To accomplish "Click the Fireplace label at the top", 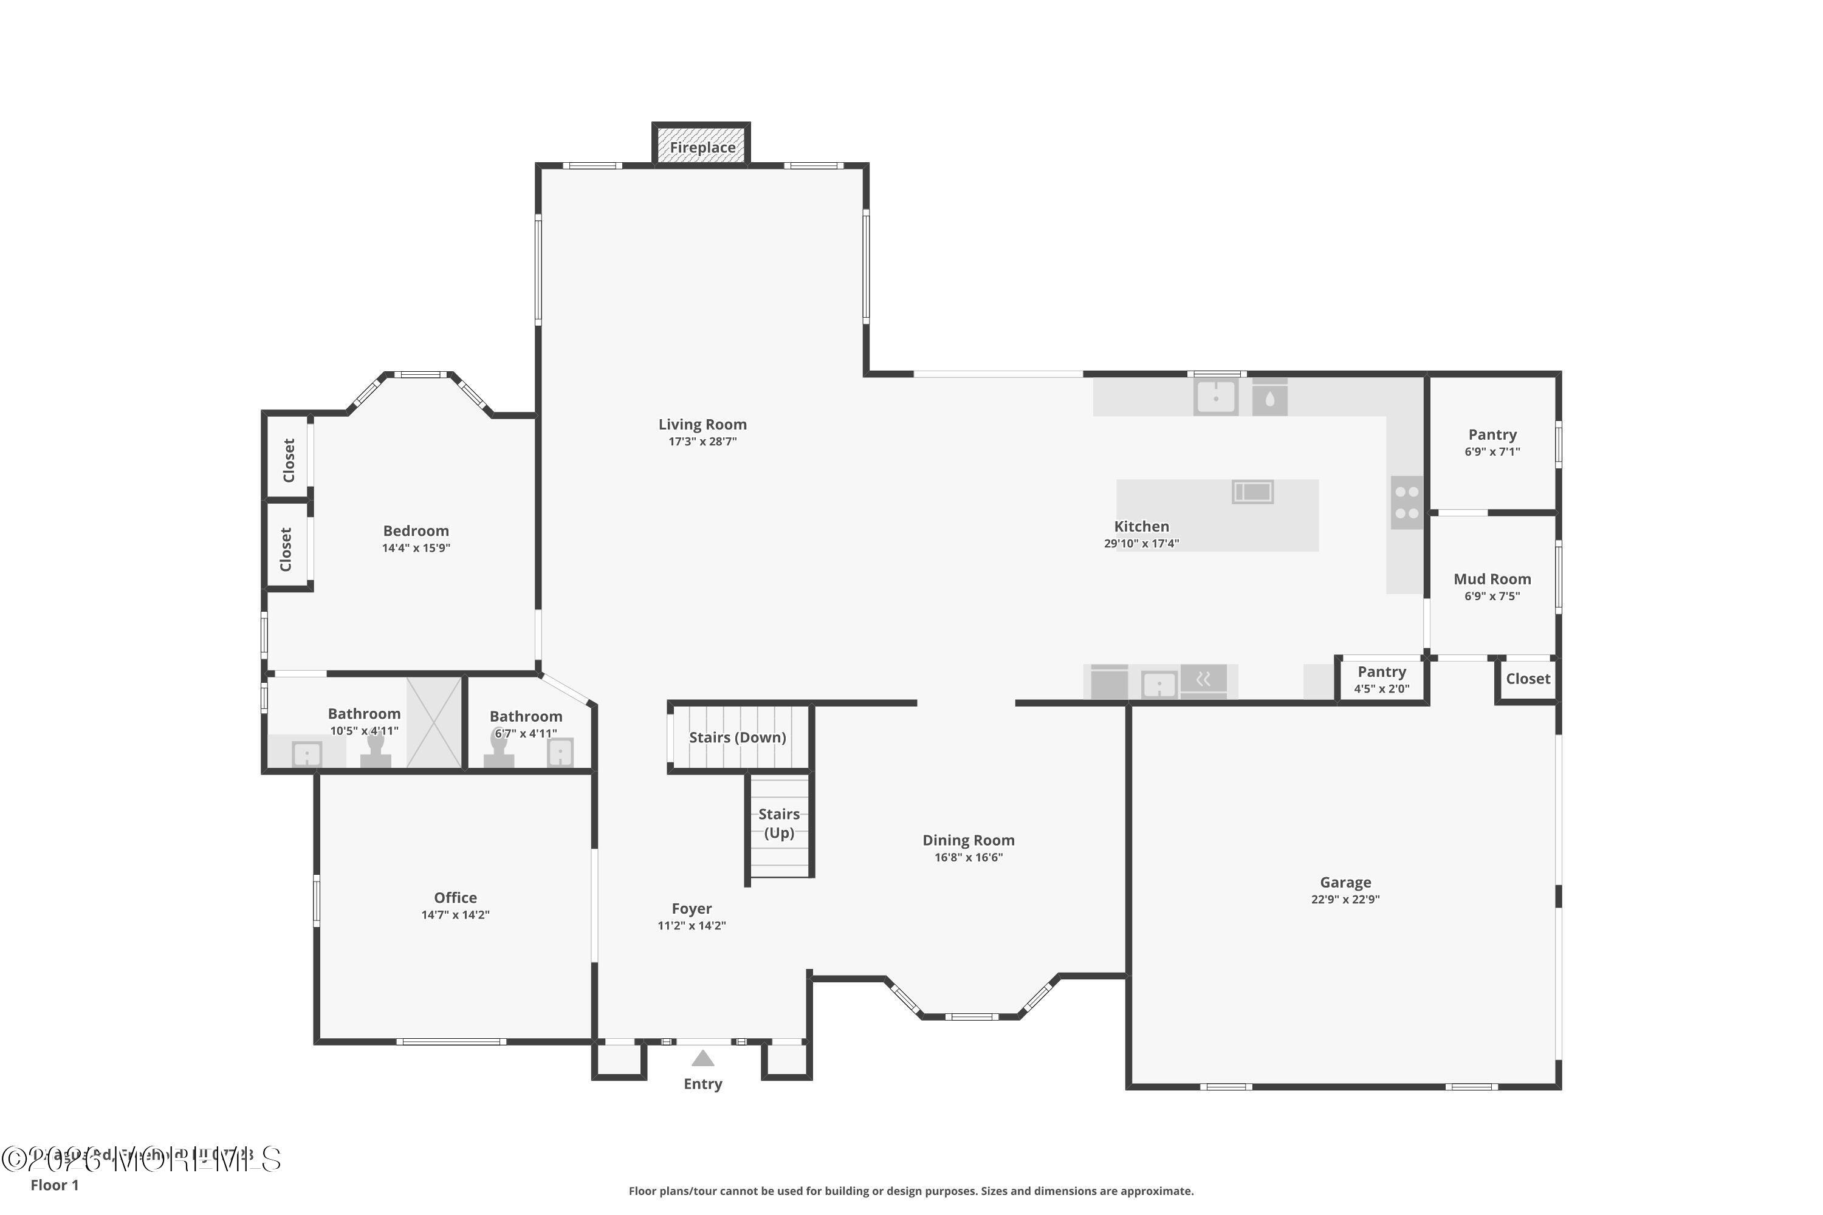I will [x=702, y=147].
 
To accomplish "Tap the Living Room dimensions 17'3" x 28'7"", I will [x=702, y=442].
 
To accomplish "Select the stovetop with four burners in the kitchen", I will [x=1407, y=503].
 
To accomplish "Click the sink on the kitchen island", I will [x=1252, y=491].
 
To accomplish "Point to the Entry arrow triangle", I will [x=702, y=1058].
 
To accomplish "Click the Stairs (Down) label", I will [x=737, y=738].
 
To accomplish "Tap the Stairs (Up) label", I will [x=779, y=823].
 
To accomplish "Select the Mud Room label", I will [x=1492, y=579].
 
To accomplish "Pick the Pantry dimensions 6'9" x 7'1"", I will [x=1492, y=452].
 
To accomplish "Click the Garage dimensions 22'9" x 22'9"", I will [x=1345, y=900].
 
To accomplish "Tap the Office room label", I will [x=455, y=897].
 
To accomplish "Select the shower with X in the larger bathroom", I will [x=434, y=723].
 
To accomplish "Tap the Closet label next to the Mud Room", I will [x=1528, y=679].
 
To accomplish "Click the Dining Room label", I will [x=968, y=840].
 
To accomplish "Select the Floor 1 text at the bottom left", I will [x=54, y=1185].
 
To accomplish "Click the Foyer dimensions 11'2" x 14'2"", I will [x=692, y=926].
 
